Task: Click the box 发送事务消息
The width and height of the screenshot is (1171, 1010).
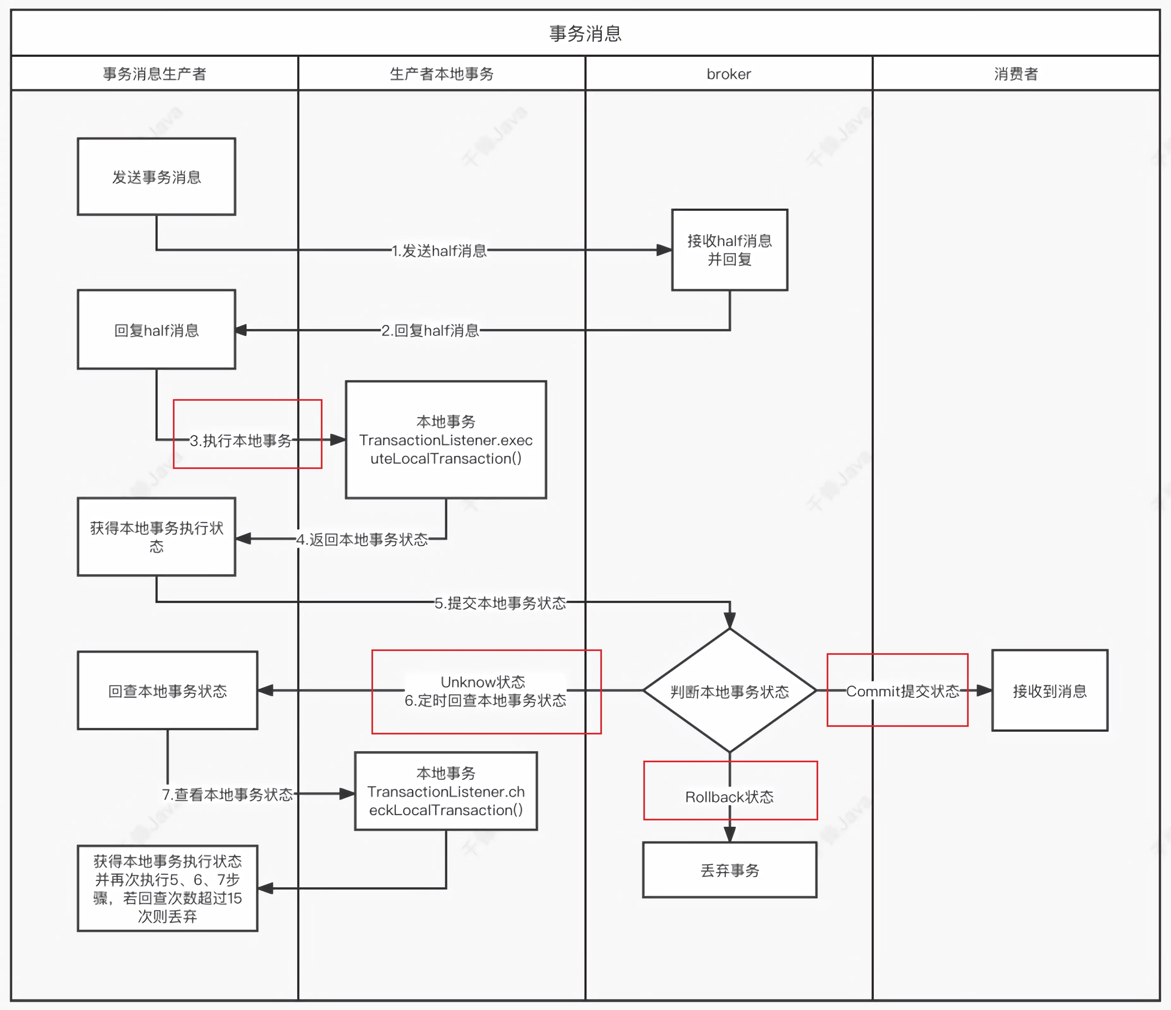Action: pyautogui.click(x=156, y=177)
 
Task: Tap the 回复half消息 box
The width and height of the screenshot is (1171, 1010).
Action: pyautogui.click(x=156, y=330)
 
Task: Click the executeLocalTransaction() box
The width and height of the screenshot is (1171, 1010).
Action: pyautogui.click(x=445, y=440)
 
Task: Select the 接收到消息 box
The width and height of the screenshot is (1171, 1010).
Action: pyautogui.click(x=1050, y=690)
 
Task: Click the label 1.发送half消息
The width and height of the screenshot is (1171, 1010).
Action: pyautogui.click(x=439, y=250)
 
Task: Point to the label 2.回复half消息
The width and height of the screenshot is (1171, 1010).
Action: pyautogui.click(x=430, y=331)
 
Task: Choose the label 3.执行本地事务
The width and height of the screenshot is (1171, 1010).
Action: pyautogui.click(x=241, y=440)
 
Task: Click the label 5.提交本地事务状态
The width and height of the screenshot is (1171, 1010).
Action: pyautogui.click(x=500, y=603)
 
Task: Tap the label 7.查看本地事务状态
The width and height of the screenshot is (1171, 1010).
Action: pyautogui.click(x=227, y=794)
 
